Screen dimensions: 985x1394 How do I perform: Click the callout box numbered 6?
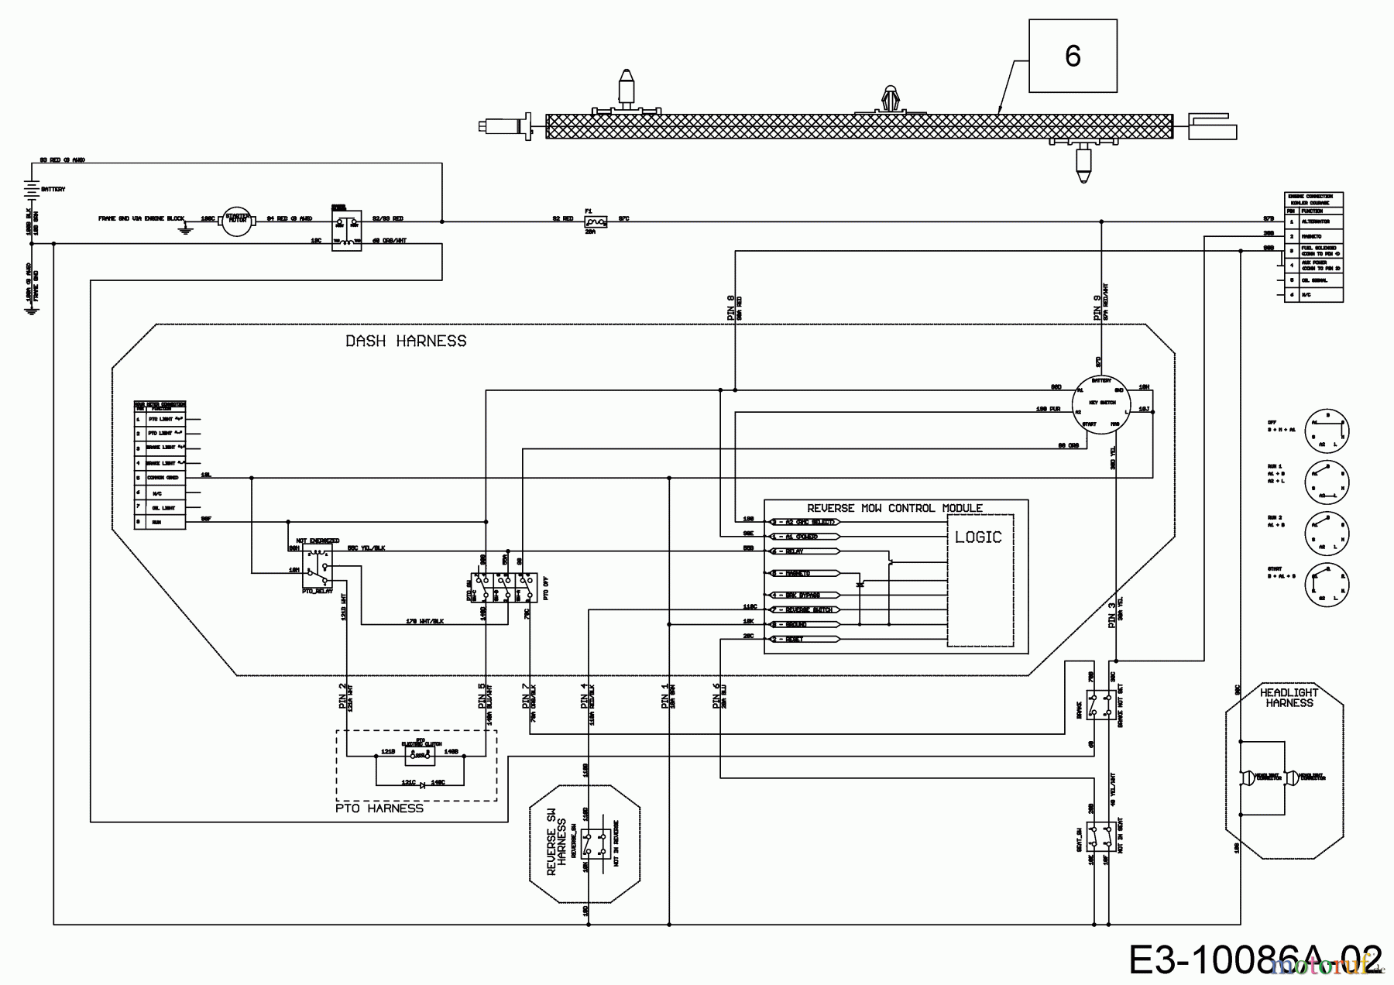pyautogui.click(x=1073, y=57)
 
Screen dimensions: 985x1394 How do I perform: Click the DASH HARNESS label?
pyautogui.click(x=406, y=341)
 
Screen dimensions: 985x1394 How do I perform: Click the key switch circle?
pyautogui.click(x=1101, y=403)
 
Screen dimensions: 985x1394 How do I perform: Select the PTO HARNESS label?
pyautogui.click(x=379, y=808)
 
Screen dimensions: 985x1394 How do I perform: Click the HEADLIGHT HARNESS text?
pyautogui.click(x=1289, y=698)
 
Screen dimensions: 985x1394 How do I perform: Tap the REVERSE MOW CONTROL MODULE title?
pyautogui.click(x=894, y=508)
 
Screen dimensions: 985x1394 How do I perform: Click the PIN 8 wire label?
pyautogui.click(x=731, y=307)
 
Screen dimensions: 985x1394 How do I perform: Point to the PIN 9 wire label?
pyautogui.click(x=1097, y=307)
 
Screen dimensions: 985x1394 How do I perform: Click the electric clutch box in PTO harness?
pyautogui.click(x=420, y=755)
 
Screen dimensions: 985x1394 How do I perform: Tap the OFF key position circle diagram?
pyautogui.click(x=1327, y=431)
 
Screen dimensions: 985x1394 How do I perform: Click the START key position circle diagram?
pyautogui.click(x=1327, y=585)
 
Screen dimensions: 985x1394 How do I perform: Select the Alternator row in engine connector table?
pyautogui.click(x=1313, y=221)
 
